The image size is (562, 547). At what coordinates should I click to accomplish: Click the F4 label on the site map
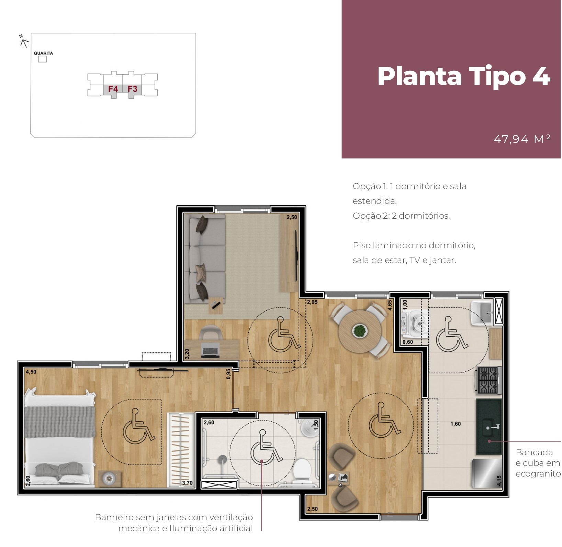click(113, 89)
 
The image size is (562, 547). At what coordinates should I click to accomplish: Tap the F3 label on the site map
click(133, 89)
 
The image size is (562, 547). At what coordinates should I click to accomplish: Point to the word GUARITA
click(43, 53)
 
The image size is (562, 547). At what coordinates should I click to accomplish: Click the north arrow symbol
click(24, 42)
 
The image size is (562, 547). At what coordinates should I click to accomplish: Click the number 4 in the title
click(542, 76)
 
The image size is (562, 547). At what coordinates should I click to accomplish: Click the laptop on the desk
click(210, 350)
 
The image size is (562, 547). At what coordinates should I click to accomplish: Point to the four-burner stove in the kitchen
click(488, 380)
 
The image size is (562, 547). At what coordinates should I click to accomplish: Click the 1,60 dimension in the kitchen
click(456, 424)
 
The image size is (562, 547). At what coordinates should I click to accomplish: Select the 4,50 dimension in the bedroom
click(31, 372)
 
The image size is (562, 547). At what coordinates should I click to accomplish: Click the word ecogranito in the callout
click(538, 474)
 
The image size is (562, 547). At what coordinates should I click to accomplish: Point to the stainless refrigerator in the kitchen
click(487, 473)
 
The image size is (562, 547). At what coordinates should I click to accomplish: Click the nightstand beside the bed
click(109, 478)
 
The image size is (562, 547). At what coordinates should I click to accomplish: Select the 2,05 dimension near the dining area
click(312, 302)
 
